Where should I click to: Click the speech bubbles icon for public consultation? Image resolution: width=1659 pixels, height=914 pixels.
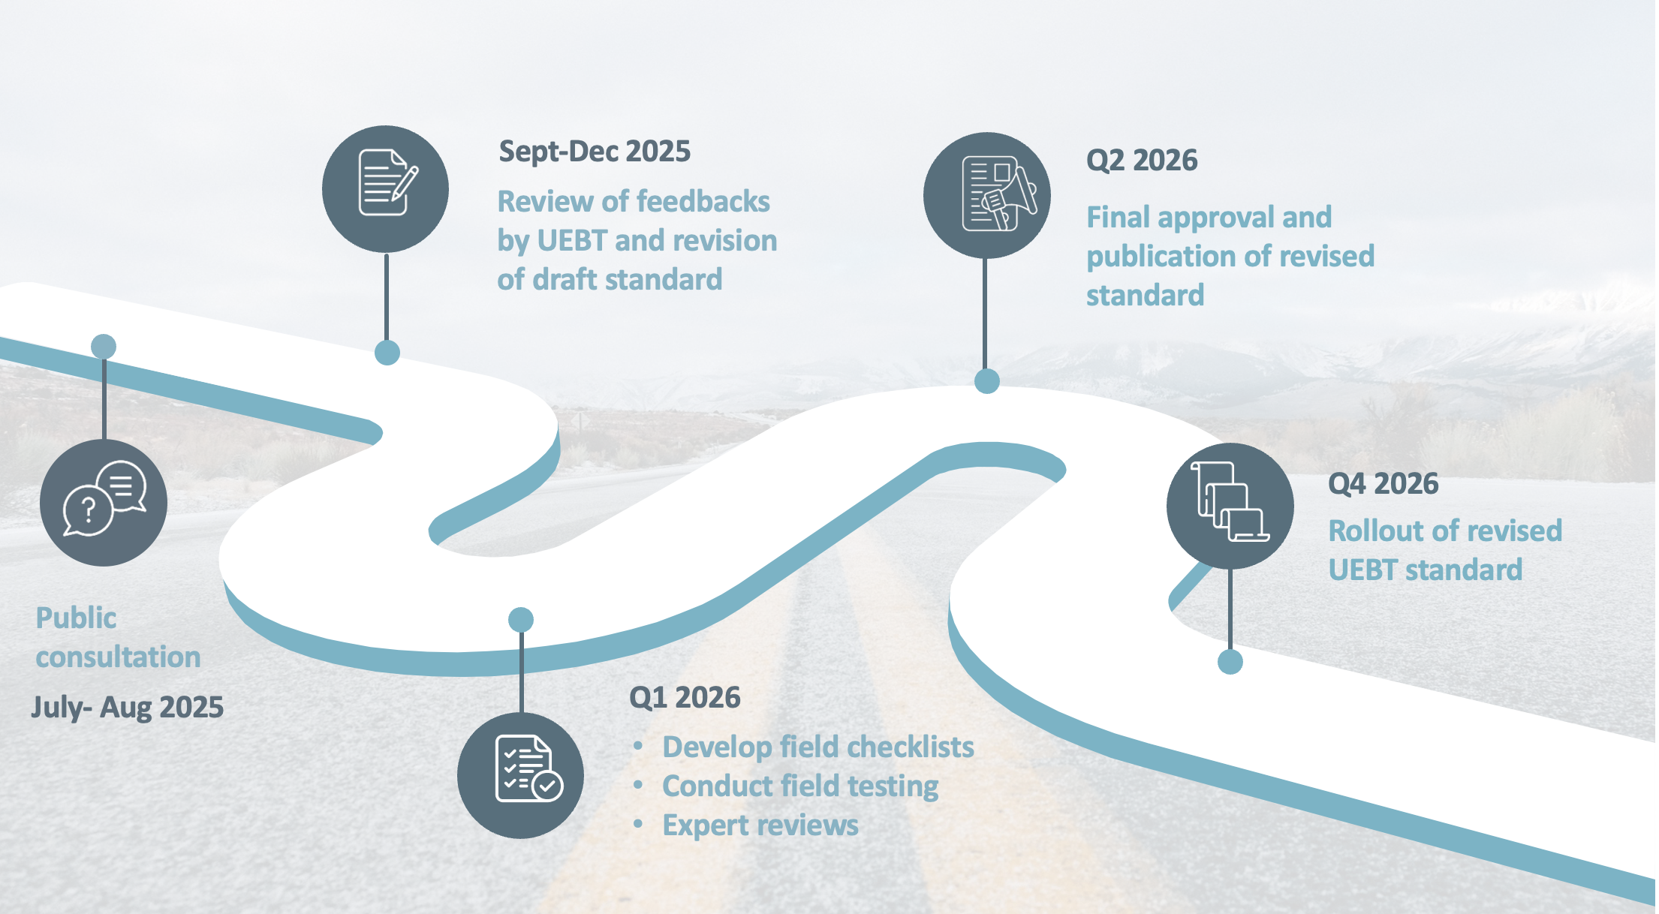(x=104, y=502)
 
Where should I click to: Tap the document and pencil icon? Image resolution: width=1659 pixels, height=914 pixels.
(x=386, y=188)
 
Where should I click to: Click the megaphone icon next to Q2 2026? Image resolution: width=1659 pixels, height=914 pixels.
(x=986, y=195)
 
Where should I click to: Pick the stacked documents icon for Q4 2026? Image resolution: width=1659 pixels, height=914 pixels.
(x=1230, y=505)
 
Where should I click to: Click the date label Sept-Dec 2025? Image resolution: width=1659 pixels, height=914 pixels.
(x=594, y=152)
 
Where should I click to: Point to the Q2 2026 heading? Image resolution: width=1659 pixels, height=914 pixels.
(x=1142, y=161)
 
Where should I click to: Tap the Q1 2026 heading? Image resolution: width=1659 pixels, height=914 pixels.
(x=685, y=698)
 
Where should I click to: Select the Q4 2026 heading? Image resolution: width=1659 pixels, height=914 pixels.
(x=1383, y=484)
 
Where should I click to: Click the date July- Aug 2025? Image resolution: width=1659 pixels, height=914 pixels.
(x=127, y=707)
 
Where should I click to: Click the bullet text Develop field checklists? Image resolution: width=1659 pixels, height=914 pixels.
(x=817, y=747)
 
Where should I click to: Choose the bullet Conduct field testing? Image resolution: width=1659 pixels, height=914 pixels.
(x=799, y=786)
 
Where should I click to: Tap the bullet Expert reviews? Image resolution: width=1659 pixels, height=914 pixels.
(x=760, y=825)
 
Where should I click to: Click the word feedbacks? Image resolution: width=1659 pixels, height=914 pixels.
(x=703, y=202)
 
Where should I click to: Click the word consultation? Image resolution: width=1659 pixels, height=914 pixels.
(x=118, y=657)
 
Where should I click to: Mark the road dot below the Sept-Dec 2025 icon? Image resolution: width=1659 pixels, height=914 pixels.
(x=387, y=352)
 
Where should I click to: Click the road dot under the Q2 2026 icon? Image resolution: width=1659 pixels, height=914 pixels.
(x=986, y=380)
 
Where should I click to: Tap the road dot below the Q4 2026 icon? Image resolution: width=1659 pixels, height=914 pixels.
(x=1230, y=662)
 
